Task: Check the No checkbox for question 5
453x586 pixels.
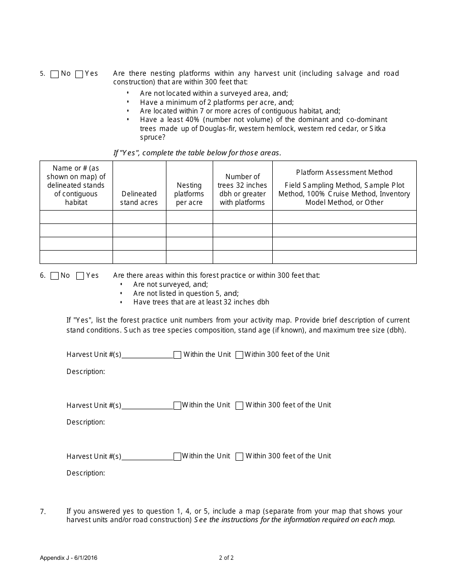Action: point(54,74)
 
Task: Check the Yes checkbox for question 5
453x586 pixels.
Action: point(79,74)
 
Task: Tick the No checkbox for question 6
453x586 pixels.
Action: point(54,276)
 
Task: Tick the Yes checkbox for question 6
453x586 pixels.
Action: point(80,276)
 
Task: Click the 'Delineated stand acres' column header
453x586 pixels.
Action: point(139,198)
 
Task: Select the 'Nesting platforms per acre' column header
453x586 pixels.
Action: point(189,193)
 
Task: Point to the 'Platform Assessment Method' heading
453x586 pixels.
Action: point(344,172)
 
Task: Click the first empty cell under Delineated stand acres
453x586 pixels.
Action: point(139,217)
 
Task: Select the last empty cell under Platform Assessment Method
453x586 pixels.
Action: point(344,257)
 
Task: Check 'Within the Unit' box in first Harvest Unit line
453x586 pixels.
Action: point(177,355)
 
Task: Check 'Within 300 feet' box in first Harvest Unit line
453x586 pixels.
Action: point(239,355)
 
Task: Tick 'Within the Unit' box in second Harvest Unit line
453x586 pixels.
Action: point(177,405)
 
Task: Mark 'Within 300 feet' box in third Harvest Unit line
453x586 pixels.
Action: point(239,456)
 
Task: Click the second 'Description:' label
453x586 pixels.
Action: point(86,422)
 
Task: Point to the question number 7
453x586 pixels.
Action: point(43,512)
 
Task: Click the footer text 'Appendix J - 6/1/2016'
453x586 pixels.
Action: point(70,558)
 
